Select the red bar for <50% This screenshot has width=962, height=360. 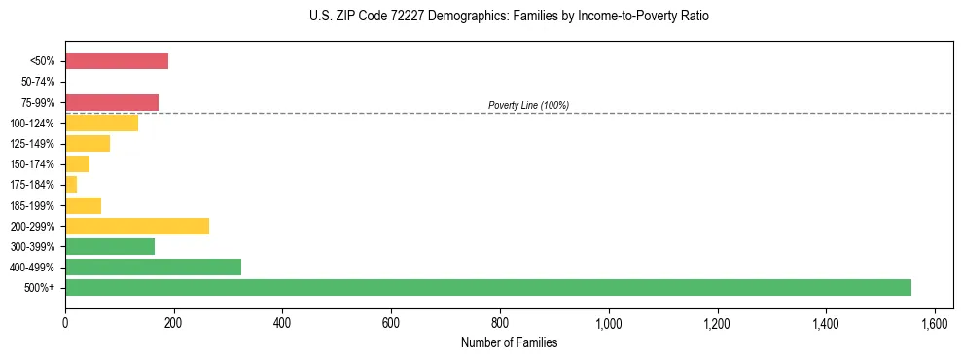tap(117, 61)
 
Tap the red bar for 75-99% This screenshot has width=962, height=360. tap(112, 102)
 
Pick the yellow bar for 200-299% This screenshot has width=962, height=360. tap(137, 226)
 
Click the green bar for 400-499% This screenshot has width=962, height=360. tap(153, 267)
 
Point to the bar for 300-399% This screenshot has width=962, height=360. tap(110, 246)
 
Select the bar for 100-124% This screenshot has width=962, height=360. tap(101, 123)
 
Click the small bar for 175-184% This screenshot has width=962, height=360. tap(71, 184)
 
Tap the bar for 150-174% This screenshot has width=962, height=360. tap(77, 163)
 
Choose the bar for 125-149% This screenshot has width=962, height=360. tap(88, 143)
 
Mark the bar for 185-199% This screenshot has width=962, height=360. tap(83, 205)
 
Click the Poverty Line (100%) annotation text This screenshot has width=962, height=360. tap(528, 105)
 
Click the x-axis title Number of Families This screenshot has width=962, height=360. tap(509, 342)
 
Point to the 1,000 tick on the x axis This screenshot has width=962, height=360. tap(609, 323)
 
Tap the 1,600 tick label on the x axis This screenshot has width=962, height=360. tap(935, 323)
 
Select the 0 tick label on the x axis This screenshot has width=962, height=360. tap(65, 323)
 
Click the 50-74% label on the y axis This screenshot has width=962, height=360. tap(39, 82)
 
